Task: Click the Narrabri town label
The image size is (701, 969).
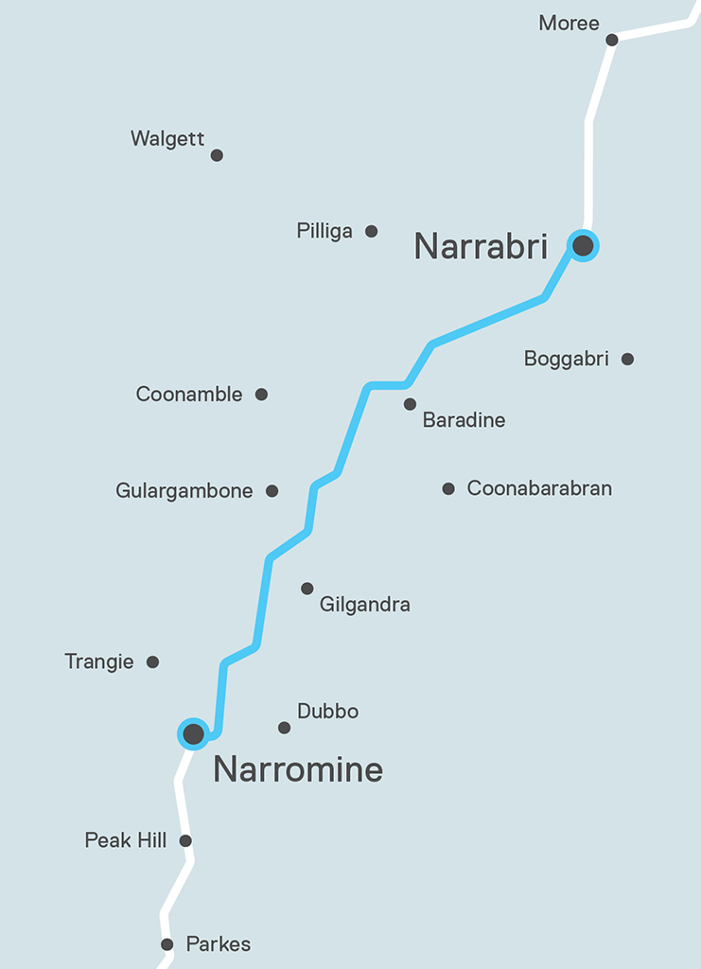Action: pyautogui.click(x=481, y=247)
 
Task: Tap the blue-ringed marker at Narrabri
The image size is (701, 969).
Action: pyautogui.click(x=583, y=246)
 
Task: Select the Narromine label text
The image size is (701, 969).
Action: pyautogui.click(x=298, y=769)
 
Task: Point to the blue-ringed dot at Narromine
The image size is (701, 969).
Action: pyautogui.click(x=194, y=732)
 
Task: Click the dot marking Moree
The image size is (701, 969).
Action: pyautogui.click(x=612, y=40)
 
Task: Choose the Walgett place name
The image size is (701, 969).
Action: pyautogui.click(x=167, y=139)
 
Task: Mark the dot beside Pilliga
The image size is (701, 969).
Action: pyautogui.click(x=372, y=231)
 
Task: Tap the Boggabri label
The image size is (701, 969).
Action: pyautogui.click(x=567, y=359)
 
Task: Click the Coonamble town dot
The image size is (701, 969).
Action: pyautogui.click(x=261, y=394)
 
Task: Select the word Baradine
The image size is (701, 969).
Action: pyautogui.click(x=464, y=420)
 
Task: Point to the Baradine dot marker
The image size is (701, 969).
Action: pyautogui.click(x=410, y=404)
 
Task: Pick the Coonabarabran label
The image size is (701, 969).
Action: pyautogui.click(x=539, y=488)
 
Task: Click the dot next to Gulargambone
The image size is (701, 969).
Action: pyautogui.click(x=272, y=490)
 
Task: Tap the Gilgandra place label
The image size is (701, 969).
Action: pyautogui.click(x=365, y=604)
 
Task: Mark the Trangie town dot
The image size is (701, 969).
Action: pyautogui.click(x=152, y=661)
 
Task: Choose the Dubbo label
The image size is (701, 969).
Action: pyautogui.click(x=327, y=711)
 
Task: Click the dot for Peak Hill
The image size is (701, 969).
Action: pyautogui.click(x=185, y=840)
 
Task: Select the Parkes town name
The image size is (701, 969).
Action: pyautogui.click(x=219, y=943)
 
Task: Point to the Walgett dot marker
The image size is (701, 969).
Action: pyautogui.click(x=217, y=155)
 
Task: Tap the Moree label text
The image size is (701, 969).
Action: pyautogui.click(x=569, y=23)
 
